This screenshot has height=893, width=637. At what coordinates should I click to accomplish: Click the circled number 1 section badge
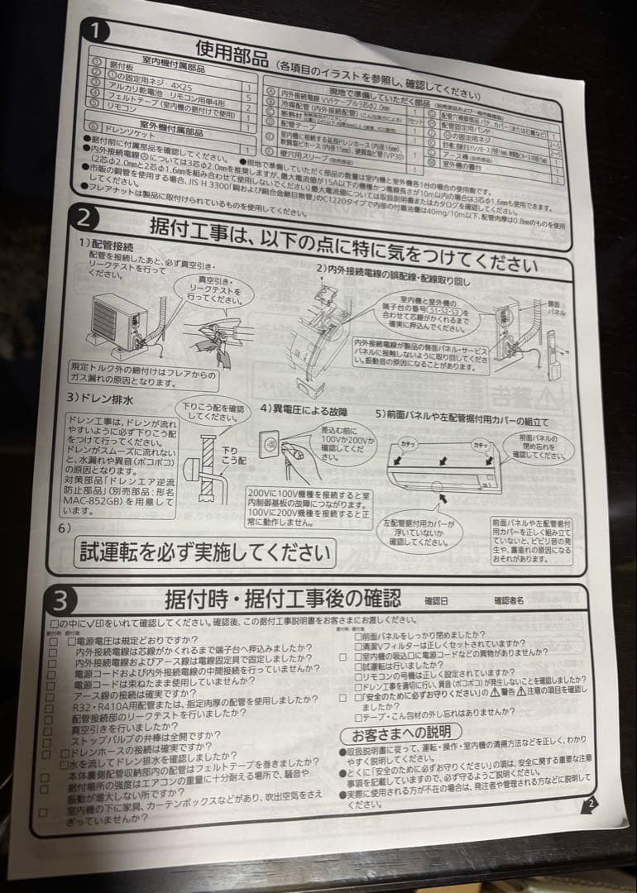[x=98, y=33]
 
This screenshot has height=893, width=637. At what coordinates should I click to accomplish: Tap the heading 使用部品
[x=232, y=53]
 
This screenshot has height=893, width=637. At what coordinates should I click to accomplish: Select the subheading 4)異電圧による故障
[x=304, y=410]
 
